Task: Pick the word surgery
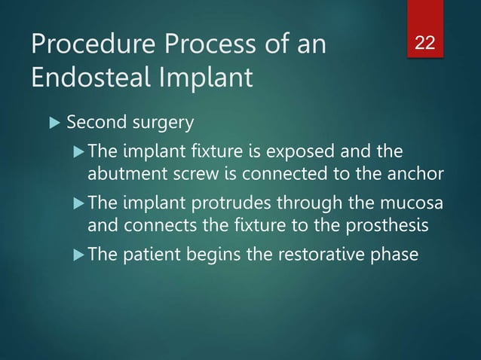148,122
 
